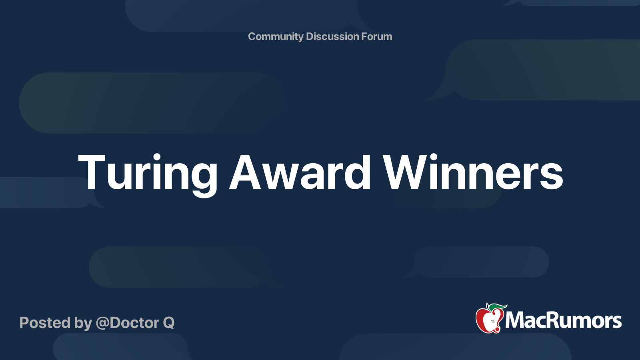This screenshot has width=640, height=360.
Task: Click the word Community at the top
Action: coord(276,36)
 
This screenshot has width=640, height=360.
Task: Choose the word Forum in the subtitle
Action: coord(376,36)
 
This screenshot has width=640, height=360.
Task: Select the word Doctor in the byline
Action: coord(134,323)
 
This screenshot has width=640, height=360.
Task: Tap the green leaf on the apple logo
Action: coord(498,307)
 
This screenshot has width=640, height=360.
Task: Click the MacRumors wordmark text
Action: coord(563,321)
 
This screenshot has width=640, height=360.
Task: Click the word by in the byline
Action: coord(83,323)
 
